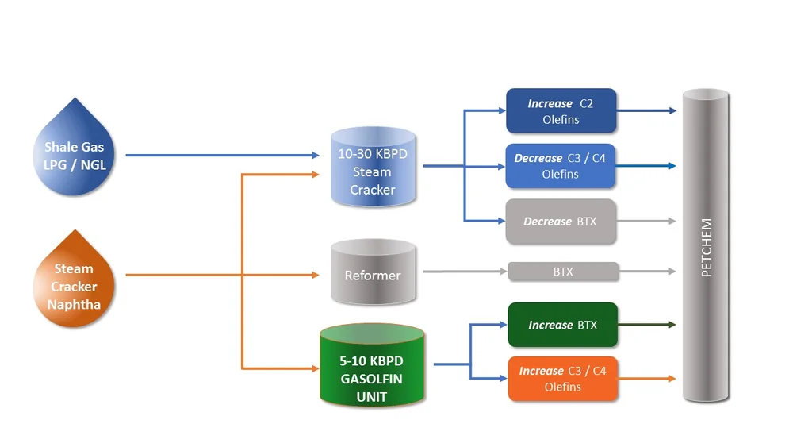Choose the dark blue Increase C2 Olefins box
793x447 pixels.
[561, 111]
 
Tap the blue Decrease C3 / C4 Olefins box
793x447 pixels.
[561, 166]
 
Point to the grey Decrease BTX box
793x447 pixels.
[561, 222]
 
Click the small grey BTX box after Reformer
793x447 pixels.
[563, 272]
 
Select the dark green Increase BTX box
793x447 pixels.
[562, 325]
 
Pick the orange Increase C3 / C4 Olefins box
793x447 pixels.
[562, 379]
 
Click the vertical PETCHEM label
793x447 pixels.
[707, 248]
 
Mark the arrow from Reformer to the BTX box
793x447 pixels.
[465, 272]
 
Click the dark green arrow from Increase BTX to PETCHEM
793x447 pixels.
[646, 325]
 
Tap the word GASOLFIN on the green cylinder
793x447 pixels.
[371, 378]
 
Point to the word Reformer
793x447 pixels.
[372, 276]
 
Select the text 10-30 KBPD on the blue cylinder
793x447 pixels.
[372, 153]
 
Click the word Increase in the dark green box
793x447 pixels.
[550, 325]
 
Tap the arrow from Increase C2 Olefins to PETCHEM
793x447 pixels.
[646, 111]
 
